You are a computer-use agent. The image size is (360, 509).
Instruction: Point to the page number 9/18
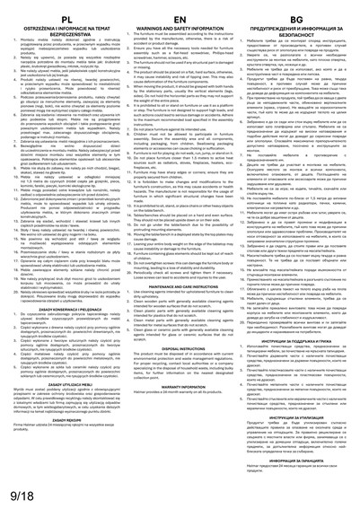click(x=18, y=492)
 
